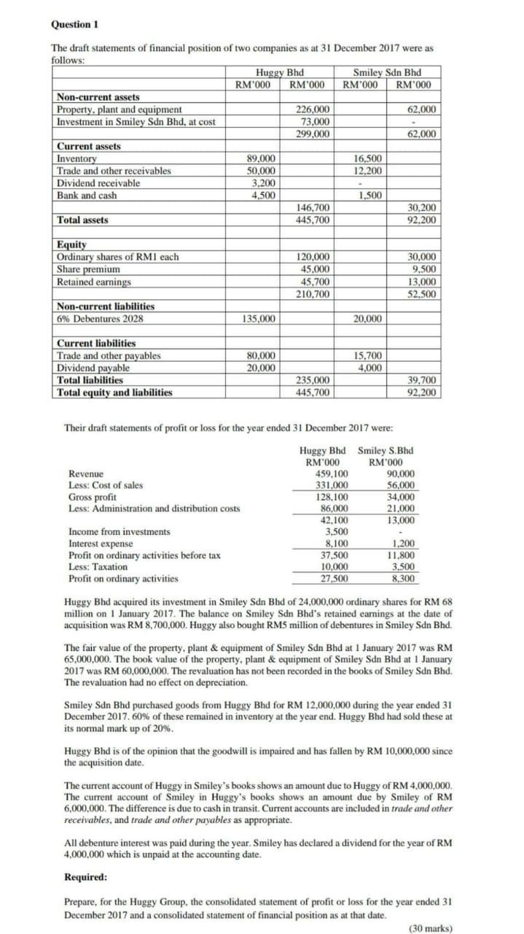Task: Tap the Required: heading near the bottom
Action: [x=86, y=876]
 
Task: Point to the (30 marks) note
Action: [x=430, y=927]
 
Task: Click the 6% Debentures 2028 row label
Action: [x=100, y=319]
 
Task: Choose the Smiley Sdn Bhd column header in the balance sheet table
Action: [x=386, y=72]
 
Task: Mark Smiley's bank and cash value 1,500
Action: [x=372, y=196]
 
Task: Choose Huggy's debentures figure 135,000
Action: [x=259, y=319]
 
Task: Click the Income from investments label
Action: [x=119, y=532]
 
